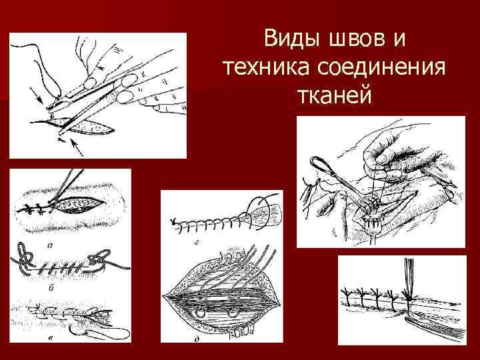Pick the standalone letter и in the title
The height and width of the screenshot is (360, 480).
pyautogui.click(x=399, y=40)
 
